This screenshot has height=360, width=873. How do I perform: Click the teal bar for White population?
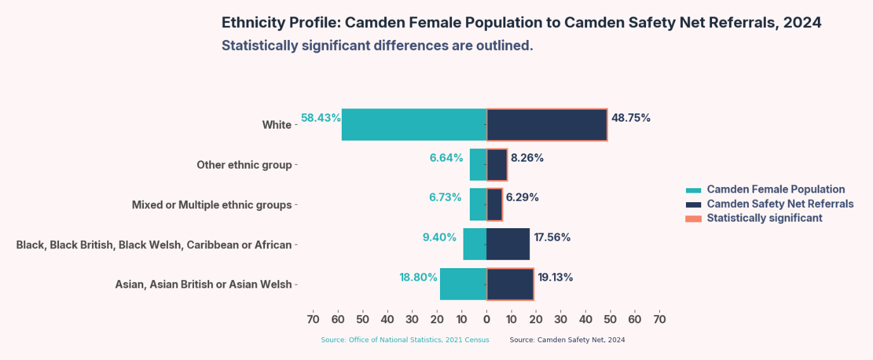(x=414, y=124)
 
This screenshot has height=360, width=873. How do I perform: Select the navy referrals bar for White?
(x=546, y=124)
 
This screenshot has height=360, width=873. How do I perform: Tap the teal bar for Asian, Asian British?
(x=463, y=284)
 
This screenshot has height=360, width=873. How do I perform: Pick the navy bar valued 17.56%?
(x=508, y=244)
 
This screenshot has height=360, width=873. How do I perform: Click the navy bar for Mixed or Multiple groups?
(x=495, y=204)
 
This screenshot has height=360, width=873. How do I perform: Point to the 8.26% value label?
(x=527, y=158)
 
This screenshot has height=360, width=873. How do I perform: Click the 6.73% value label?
(x=445, y=197)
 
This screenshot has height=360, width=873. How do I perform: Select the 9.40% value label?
(x=439, y=237)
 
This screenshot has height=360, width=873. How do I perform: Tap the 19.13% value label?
(x=555, y=277)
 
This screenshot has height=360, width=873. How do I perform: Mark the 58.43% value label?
(x=321, y=118)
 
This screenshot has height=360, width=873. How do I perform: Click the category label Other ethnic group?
(x=244, y=165)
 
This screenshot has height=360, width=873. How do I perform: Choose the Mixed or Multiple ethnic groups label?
(x=212, y=205)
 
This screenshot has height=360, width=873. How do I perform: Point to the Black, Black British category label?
(x=154, y=245)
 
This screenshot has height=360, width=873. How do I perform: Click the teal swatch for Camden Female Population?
(x=694, y=190)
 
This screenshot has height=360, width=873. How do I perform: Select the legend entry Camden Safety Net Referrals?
(x=780, y=203)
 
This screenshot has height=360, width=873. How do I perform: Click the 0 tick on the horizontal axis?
(x=486, y=319)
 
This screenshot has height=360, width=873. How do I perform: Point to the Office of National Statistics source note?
(x=404, y=340)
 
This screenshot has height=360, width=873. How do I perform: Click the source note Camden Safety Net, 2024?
(x=567, y=340)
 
